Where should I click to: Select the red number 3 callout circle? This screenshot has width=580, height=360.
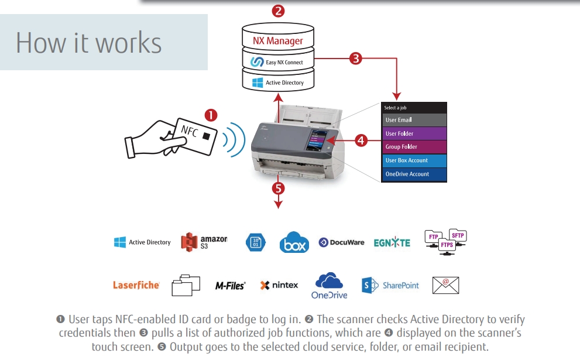[355, 58]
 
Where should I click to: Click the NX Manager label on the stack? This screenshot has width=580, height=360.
[278, 41]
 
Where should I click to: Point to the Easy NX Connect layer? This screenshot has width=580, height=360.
[278, 61]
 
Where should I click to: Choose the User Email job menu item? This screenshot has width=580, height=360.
[414, 120]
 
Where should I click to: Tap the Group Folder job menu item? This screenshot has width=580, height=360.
[414, 147]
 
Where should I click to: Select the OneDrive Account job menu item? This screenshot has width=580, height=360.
[414, 174]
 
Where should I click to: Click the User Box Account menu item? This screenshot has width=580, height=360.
[414, 160]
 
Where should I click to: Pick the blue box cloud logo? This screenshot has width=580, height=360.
[294, 242]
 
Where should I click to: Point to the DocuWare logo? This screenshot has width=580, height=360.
[341, 242]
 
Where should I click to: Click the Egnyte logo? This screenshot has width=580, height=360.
[392, 242]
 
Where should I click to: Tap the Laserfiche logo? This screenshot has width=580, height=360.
[136, 285]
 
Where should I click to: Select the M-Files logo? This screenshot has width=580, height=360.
[230, 286]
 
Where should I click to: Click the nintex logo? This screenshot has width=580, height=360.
[279, 285]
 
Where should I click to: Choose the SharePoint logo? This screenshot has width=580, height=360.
[390, 285]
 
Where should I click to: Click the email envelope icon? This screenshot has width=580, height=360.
[445, 285]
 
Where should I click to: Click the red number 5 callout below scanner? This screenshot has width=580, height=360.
[279, 188]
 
